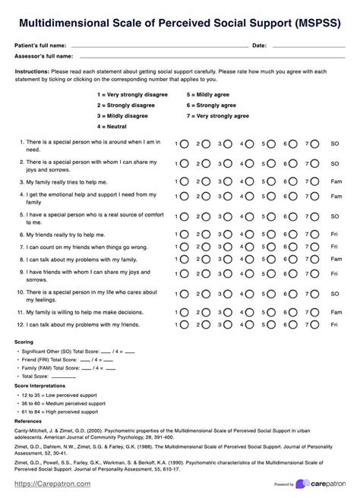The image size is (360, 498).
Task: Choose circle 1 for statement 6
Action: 184,235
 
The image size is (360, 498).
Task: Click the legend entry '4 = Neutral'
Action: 112,126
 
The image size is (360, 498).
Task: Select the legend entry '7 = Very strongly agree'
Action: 218,116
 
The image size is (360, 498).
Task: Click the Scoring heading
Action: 24,342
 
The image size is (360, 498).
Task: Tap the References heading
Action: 29,419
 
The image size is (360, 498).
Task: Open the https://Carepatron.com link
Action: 49,483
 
